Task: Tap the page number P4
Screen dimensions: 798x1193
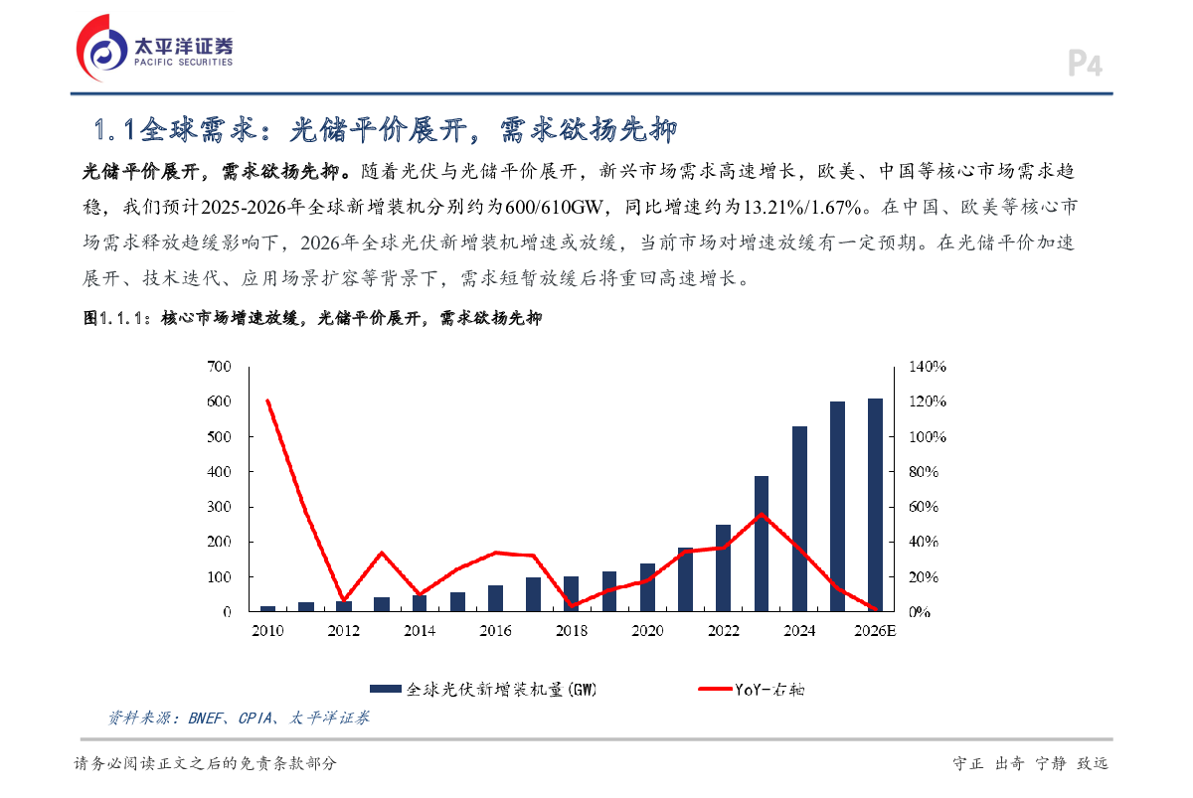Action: point(1086,66)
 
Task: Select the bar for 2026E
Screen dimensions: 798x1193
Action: point(875,505)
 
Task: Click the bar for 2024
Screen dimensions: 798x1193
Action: point(799,519)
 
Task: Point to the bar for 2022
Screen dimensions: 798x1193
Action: point(724,567)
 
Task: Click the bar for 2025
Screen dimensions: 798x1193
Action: point(837,506)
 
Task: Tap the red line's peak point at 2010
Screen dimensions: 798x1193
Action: point(267,400)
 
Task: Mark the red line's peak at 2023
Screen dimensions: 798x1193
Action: point(762,514)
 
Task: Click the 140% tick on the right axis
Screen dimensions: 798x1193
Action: point(928,367)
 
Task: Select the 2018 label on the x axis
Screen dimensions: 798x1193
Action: point(571,631)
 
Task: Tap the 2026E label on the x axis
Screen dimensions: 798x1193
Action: point(875,631)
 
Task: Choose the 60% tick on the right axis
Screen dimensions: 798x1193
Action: point(924,507)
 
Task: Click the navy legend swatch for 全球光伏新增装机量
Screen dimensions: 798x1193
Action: point(385,688)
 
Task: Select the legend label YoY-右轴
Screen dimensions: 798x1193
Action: point(769,688)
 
